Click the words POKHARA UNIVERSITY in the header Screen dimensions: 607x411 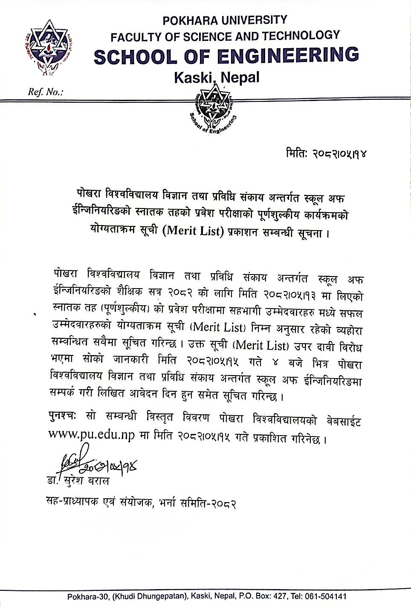225,20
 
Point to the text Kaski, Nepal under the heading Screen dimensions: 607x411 217,78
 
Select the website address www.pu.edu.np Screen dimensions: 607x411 92,435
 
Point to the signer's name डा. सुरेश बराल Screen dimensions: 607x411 78,481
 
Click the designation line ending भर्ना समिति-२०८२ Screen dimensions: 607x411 141,503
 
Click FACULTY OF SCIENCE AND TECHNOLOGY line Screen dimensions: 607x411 225,37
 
